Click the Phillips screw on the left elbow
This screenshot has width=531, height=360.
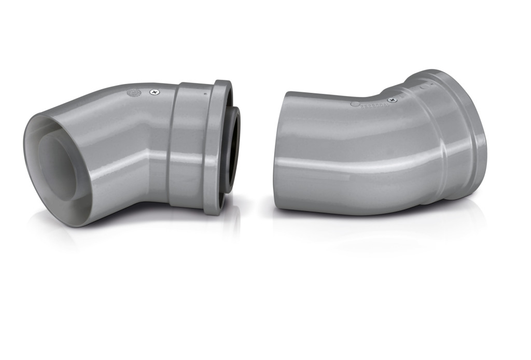point(154,92)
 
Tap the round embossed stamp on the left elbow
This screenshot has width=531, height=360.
point(133,94)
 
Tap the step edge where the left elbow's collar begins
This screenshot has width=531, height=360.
point(173,145)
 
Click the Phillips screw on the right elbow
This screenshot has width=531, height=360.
point(393,100)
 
